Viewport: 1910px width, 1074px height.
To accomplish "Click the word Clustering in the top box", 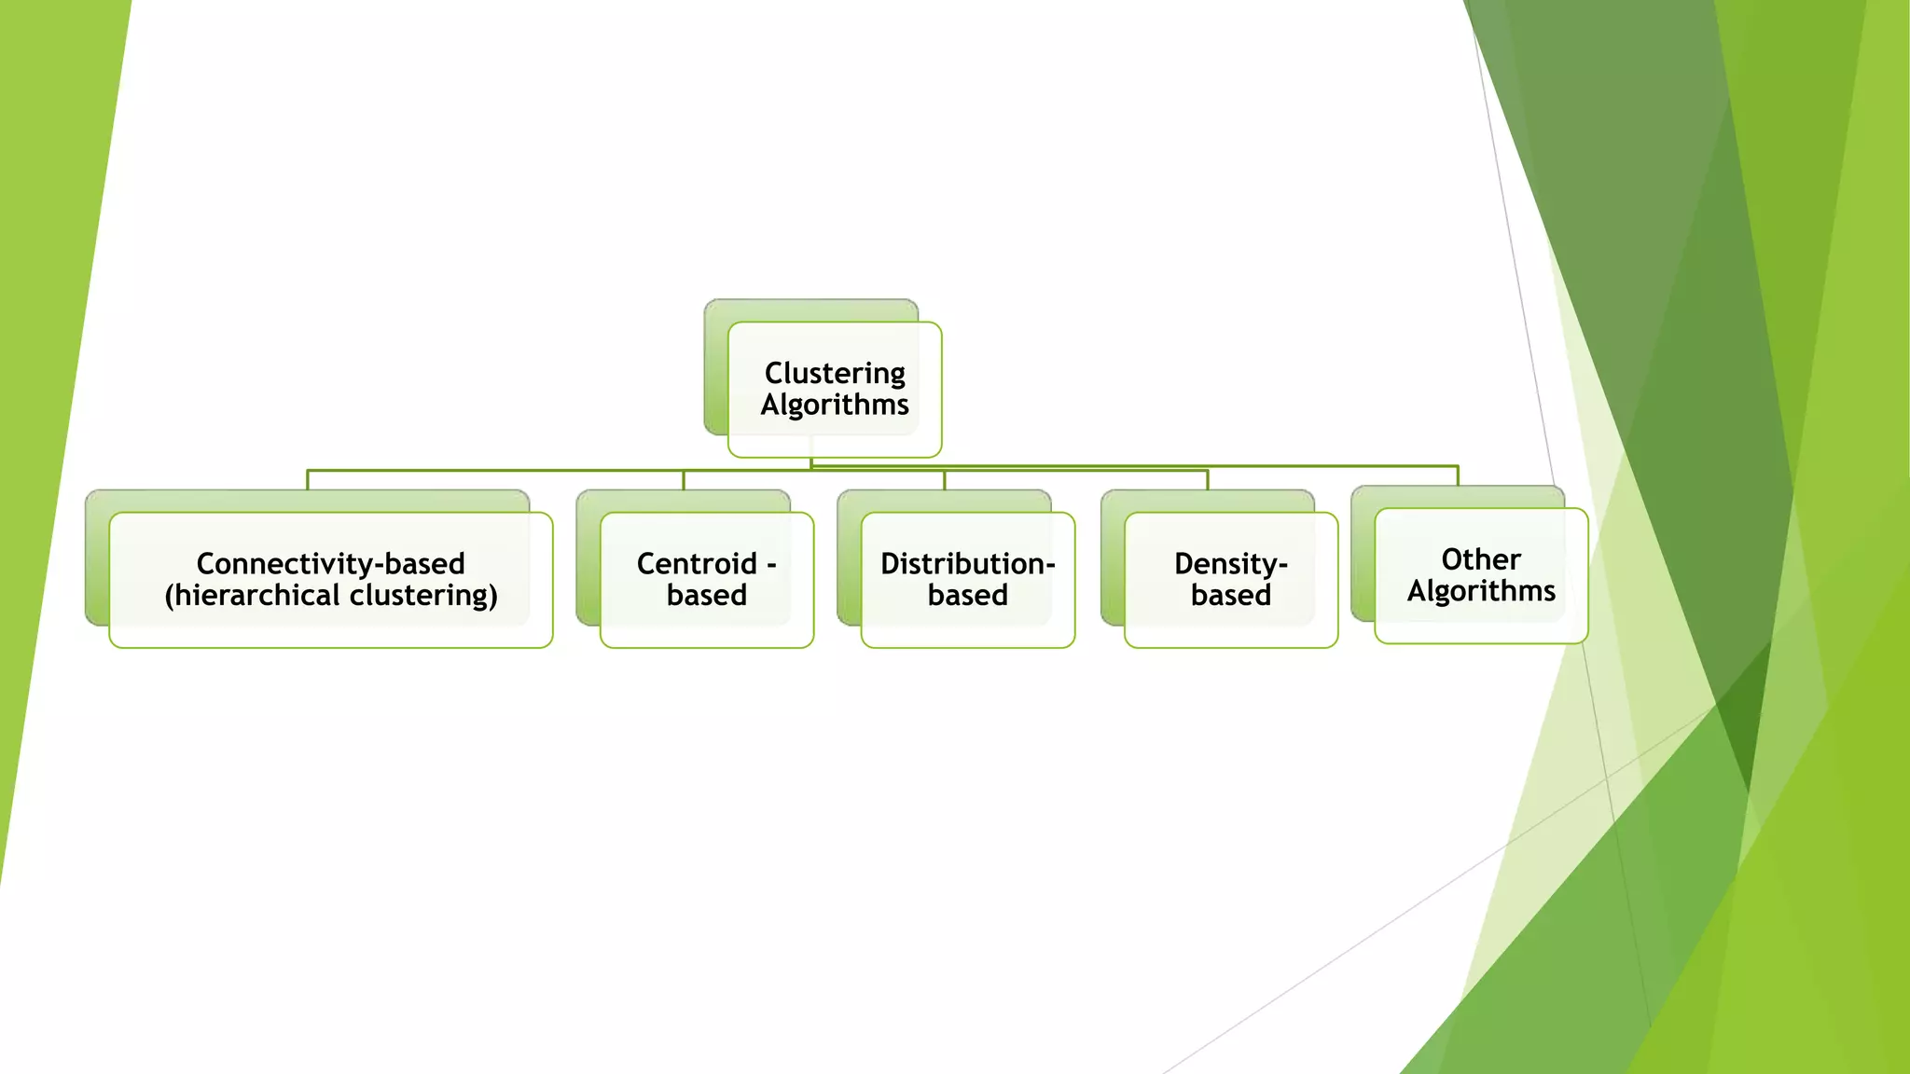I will (835, 374).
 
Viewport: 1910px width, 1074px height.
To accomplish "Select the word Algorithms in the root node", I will (835, 406).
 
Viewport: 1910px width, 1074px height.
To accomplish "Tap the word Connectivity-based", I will (330, 564).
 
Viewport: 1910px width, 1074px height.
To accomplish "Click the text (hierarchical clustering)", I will (331, 596).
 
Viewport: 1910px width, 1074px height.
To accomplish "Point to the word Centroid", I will (697, 564).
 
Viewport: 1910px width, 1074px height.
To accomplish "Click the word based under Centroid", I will (707, 596).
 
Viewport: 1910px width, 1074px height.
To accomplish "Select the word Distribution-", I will (967, 564).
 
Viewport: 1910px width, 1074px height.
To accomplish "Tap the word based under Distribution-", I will (967, 596).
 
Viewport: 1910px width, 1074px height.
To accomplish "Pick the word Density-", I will (1230, 564).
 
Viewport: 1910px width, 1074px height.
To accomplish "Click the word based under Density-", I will (1230, 596).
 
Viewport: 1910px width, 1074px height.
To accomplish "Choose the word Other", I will (1480, 559).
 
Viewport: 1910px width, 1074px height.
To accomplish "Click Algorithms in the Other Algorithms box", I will (1481, 591).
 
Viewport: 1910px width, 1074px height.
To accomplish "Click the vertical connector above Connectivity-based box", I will (308, 480).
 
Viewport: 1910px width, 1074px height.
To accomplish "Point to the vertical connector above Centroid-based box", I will (684, 480).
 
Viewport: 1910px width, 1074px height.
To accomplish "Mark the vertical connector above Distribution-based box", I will (945, 480).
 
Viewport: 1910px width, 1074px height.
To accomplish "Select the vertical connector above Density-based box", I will (1208, 480).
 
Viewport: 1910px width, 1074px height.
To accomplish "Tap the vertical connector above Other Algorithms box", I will (1458, 475).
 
